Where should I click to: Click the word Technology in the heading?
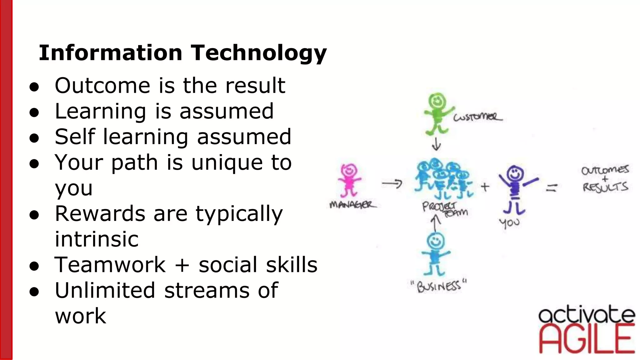(259, 52)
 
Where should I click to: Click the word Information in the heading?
(110, 52)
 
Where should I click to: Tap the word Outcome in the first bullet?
(102, 85)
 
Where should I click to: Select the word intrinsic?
(97, 239)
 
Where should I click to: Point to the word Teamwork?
(110, 265)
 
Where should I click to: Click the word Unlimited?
(105, 290)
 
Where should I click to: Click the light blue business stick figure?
(435, 253)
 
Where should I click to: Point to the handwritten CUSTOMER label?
(477, 117)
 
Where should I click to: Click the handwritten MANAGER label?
(352, 205)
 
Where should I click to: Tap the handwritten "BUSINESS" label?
(438, 286)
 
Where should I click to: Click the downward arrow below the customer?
(436, 144)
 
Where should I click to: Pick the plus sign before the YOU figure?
(485, 187)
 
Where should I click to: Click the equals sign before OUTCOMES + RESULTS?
(552, 187)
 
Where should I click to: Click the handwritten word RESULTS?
(605, 187)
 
